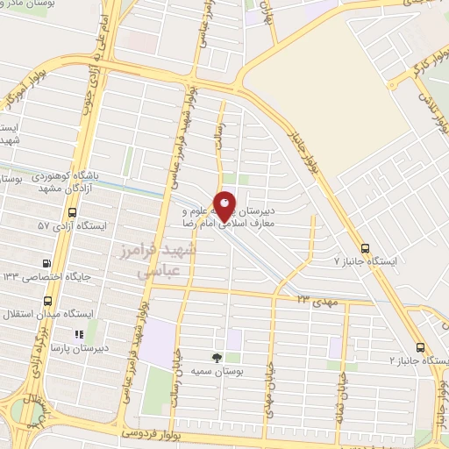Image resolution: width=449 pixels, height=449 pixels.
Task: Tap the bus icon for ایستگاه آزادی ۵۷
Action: click(x=72, y=212)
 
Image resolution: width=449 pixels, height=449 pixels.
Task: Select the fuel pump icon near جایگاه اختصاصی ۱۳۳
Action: click(x=46, y=263)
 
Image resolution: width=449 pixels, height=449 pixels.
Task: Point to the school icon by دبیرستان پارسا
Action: click(x=78, y=334)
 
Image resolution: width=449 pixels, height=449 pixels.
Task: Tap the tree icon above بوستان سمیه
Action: click(x=217, y=357)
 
